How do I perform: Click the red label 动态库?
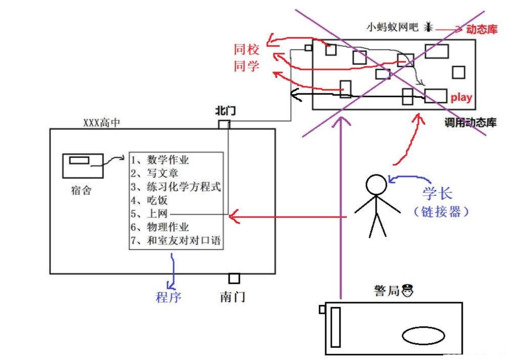click(x=481, y=29)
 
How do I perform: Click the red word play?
click(x=461, y=98)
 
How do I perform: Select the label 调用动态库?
click(x=470, y=123)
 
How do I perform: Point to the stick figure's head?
click(x=376, y=185)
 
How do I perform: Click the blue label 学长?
click(x=437, y=194)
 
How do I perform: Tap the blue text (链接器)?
click(x=441, y=212)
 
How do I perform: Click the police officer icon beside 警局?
click(x=407, y=291)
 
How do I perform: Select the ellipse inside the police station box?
click(x=423, y=335)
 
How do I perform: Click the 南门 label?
click(x=232, y=297)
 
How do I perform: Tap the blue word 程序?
click(x=168, y=297)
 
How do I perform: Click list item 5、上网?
click(x=149, y=214)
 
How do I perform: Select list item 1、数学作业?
click(x=160, y=160)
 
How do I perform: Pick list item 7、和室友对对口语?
click(x=176, y=240)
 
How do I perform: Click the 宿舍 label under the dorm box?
click(x=81, y=190)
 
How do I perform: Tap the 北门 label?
click(x=225, y=111)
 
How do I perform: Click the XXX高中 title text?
click(x=101, y=123)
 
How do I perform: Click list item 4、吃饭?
click(x=149, y=200)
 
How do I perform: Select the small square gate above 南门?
click(x=234, y=278)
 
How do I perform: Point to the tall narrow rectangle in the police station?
click(x=335, y=327)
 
